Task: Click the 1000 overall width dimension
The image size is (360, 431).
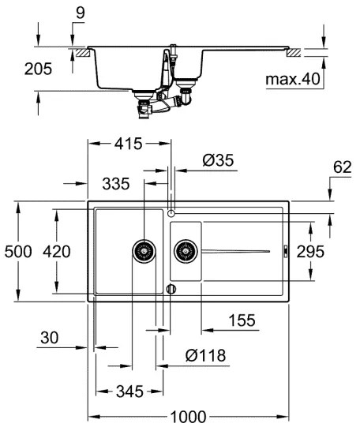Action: click(188, 416)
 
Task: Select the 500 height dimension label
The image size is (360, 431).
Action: click(17, 252)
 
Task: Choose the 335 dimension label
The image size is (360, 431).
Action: click(115, 184)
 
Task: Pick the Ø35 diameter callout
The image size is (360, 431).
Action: click(218, 160)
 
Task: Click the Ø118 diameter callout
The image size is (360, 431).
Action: click(204, 356)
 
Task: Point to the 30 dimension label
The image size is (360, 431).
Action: click(49, 337)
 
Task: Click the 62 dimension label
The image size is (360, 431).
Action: click(341, 167)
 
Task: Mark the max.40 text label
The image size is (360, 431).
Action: click(292, 80)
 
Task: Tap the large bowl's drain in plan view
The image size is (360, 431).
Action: click(144, 252)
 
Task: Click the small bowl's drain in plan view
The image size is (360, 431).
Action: click(186, 252)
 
